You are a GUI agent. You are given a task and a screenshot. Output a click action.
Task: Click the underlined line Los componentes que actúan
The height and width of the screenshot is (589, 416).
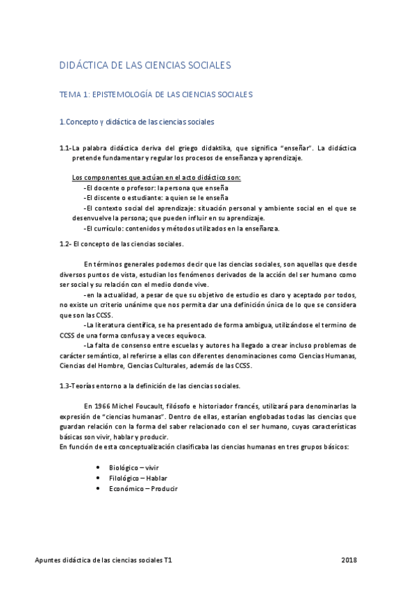tap(156, 178)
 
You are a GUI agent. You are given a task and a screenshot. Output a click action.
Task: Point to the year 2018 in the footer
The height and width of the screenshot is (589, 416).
tap(349, 558)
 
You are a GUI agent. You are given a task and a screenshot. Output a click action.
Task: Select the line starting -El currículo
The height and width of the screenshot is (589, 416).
tap(181, 228)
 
